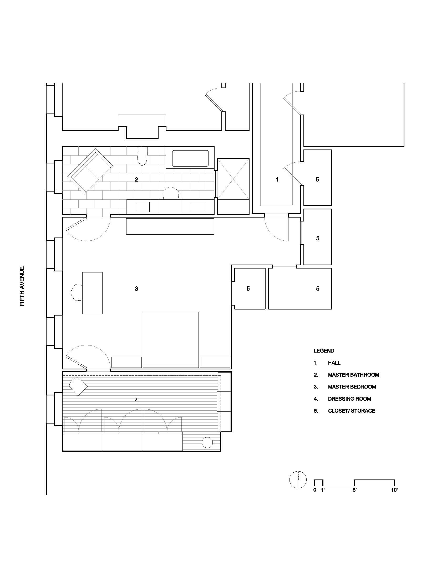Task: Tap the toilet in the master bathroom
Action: pos(142,156)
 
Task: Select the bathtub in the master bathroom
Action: pos(190,158)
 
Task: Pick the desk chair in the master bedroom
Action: pos(77,292)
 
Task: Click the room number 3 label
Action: pos(136,289)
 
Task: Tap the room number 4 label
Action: pos(136,400)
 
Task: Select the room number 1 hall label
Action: pos(277,180)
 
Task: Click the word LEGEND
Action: pos(324,351)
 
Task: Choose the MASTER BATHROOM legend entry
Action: pos(353,375)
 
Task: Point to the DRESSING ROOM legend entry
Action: pos(349,399)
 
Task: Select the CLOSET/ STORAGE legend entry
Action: pos(351,411)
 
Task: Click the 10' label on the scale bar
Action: pos(394,490)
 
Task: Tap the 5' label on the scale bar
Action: pos(355,490)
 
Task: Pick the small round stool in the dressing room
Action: pos(207,442)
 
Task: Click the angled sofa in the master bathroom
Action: pos(90,171)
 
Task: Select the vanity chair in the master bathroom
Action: pos(171,193)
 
